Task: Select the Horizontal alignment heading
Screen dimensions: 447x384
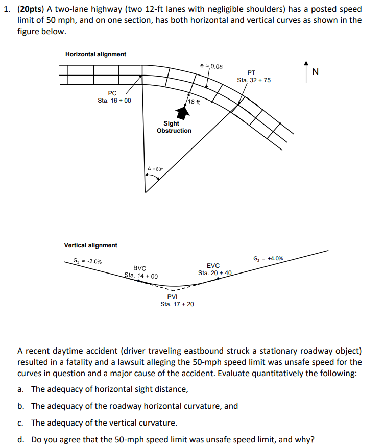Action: pos(95,54)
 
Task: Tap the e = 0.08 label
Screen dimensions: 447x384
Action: pos(211,66)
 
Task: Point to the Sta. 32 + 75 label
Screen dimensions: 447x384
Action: pos(254,80)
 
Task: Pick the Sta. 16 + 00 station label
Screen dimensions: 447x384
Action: pos(114,100)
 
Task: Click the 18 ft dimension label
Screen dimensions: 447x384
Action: pos(194,102)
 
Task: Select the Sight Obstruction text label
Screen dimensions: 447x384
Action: pos(174,127)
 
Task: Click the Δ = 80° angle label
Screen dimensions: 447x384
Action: pos(155,169)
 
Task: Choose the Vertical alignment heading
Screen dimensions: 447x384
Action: pos(90,245)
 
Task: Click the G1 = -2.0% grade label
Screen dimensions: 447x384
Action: pos(87,261)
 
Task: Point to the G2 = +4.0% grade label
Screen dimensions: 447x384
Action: pos(268,258)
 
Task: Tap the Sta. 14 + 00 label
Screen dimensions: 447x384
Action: pos(141,276)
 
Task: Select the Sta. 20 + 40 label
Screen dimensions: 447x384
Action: pos(215,273)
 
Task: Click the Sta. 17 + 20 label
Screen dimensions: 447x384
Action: pos(177,304)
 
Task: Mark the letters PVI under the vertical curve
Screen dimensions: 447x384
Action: pos(173,297)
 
